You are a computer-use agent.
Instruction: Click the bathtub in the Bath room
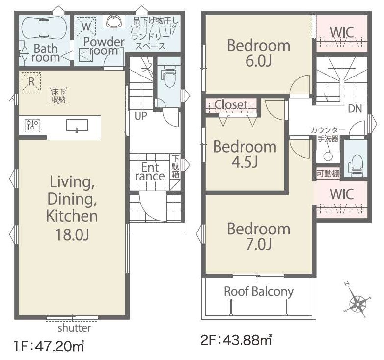44,27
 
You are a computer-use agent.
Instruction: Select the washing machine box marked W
86,26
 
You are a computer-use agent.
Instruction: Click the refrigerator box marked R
31,81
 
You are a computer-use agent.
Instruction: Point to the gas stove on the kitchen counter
32,126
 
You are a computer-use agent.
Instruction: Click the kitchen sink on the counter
77,126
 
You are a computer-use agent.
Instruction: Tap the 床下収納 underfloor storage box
58,96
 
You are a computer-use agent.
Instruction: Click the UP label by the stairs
141,116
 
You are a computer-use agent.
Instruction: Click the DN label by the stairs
355,108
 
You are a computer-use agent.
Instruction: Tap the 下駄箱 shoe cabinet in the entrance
175,166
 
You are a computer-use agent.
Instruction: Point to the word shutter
75,328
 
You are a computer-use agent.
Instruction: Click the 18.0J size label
72,234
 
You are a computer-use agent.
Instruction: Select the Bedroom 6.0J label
259,53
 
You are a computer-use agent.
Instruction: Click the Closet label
231,104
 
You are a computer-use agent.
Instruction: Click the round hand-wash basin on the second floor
328,156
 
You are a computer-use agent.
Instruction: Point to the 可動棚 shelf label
328,174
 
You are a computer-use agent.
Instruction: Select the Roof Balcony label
259,291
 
